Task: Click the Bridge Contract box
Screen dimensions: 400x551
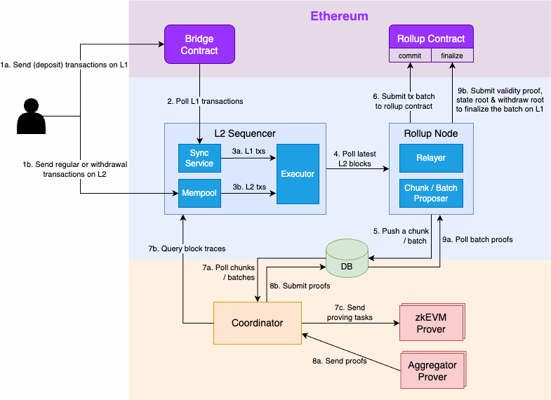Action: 199,44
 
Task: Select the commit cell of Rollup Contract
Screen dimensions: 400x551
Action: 410,55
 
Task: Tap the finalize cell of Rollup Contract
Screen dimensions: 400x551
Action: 451,55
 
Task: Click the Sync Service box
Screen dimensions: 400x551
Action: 199,159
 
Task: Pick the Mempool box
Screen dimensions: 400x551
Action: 199,193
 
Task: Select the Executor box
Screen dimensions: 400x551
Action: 298,173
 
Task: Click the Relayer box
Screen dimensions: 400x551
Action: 431,158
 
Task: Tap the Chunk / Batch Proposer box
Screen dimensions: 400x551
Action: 431,193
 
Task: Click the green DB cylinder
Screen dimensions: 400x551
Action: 347,258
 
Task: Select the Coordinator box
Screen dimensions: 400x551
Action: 257,323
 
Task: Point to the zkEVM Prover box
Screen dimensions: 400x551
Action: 431,324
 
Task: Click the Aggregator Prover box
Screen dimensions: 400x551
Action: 432,371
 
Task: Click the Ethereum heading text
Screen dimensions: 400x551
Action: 340,15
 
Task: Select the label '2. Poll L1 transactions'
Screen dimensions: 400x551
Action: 205,102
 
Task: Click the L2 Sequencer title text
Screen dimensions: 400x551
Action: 245,133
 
